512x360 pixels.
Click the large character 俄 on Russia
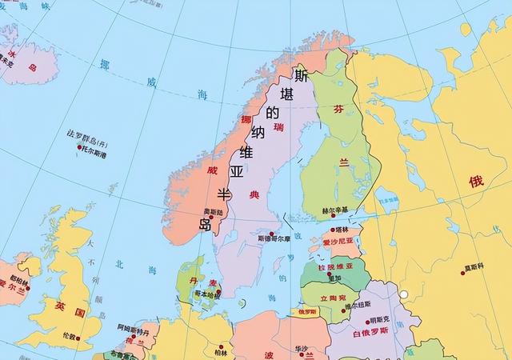tap(476, 182)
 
